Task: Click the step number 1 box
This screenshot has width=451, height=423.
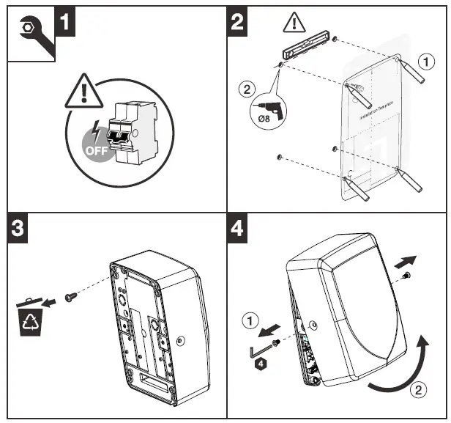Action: coord(64,21)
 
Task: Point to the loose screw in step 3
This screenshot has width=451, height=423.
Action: coord(70,296)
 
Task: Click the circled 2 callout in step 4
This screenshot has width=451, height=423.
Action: coord(417,390)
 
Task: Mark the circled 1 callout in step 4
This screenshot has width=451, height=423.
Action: coord(250,320)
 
